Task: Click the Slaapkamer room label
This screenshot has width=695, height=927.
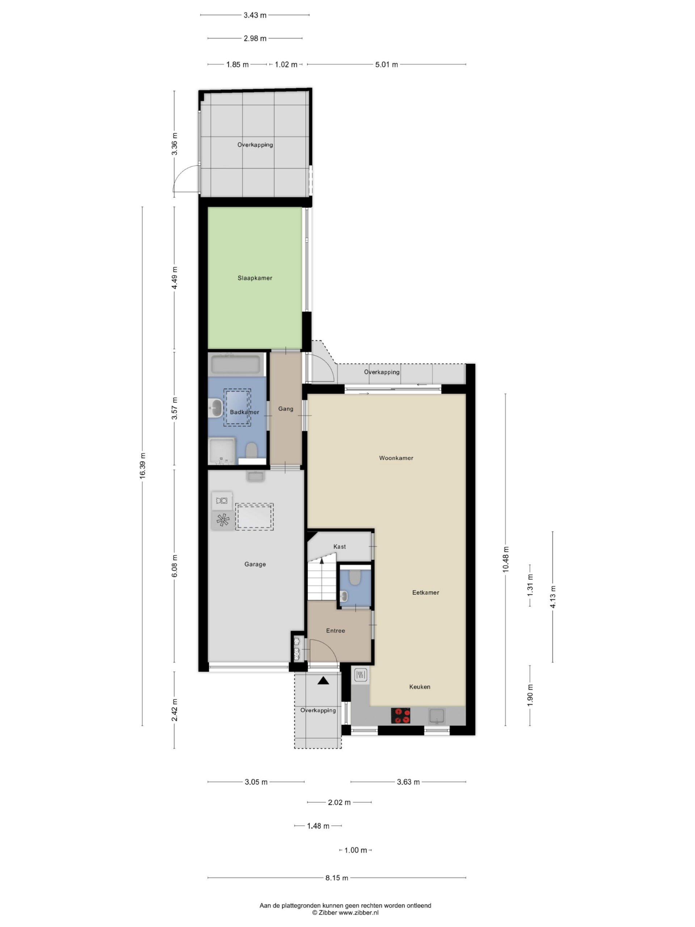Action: point(255,278)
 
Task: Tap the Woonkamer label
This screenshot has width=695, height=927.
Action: point(396,458)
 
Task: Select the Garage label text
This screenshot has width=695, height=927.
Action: point(255,564)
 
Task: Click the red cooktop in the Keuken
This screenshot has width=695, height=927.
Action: point(400,716)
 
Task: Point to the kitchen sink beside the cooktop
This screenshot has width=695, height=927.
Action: point(436,716)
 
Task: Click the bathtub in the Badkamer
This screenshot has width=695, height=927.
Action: point(236,365)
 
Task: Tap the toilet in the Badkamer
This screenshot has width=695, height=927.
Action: point(251,450)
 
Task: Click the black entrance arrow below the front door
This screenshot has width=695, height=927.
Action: point(323,680)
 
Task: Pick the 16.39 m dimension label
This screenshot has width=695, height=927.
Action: point(142,466)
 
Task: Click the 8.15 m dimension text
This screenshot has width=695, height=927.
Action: point(337,877)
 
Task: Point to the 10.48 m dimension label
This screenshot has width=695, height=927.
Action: point(506,559)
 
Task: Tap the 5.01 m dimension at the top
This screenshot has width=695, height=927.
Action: point(386,64)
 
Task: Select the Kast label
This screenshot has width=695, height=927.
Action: point(339,546)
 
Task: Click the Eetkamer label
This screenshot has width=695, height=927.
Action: point(426,592)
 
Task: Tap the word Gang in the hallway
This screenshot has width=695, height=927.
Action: point(286,408)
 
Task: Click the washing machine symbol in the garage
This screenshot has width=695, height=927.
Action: point(222,501)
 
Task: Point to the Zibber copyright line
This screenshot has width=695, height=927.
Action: point(345,912)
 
